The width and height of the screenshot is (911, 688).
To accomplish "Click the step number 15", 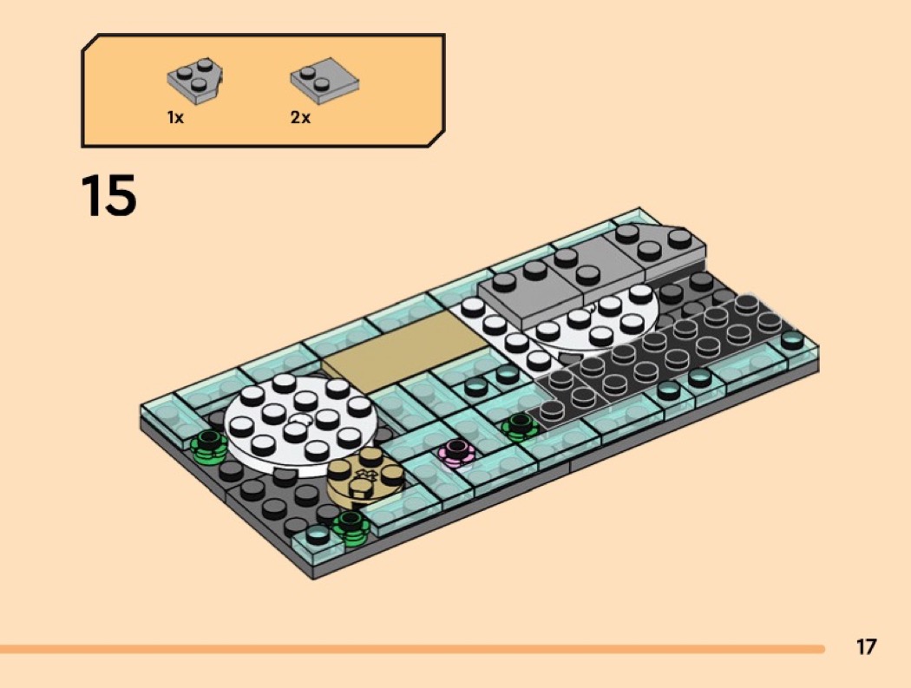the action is (x=108, y=194).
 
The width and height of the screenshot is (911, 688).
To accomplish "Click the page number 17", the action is (x=866, y=646).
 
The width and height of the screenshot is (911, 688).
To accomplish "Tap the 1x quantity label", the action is (x=175, y=117).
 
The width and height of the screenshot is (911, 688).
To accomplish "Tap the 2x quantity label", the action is (x=300, y=117).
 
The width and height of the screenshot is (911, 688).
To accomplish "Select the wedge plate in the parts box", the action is (x=195, y=80).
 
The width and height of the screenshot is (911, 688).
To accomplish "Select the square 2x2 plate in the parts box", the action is (x=324, y=82).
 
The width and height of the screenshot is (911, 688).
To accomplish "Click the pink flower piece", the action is (x=456, y=453).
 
